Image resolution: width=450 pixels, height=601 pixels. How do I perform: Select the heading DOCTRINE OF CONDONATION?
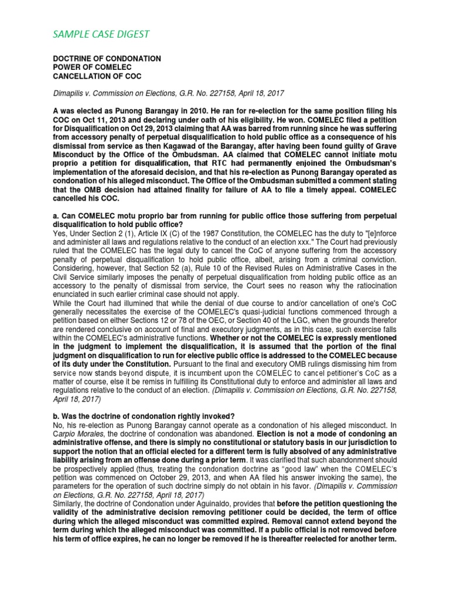[107, 59]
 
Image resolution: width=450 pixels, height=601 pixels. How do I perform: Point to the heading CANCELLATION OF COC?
[97, 77]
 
